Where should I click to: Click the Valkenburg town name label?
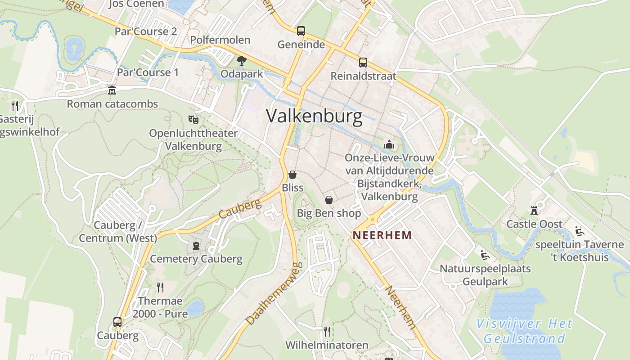point(314,116)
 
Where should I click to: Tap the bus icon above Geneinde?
point(301,31)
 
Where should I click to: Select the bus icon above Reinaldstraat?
point(363,63)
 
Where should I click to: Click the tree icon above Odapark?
point(242,60)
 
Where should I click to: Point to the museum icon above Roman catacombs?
point(112,90)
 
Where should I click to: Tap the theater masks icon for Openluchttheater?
point(193,119)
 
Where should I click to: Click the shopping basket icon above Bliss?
point(292,174)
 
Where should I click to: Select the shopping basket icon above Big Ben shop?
point(329,199)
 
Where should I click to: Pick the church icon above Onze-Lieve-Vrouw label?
point(389,144)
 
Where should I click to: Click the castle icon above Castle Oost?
point(534,210)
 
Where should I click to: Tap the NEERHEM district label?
point(382,235)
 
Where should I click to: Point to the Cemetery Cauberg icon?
point(196,245)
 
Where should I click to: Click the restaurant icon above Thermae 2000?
point(160,287)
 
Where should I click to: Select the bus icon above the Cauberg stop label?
point(117,322)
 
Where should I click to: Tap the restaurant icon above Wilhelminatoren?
point(327,332)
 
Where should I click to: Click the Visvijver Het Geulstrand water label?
point(524,331)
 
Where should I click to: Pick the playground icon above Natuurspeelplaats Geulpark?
point(485,255)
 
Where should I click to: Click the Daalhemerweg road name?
point(273,295)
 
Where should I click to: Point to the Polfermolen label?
point(220,40)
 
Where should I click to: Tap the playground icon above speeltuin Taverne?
point(580,231)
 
